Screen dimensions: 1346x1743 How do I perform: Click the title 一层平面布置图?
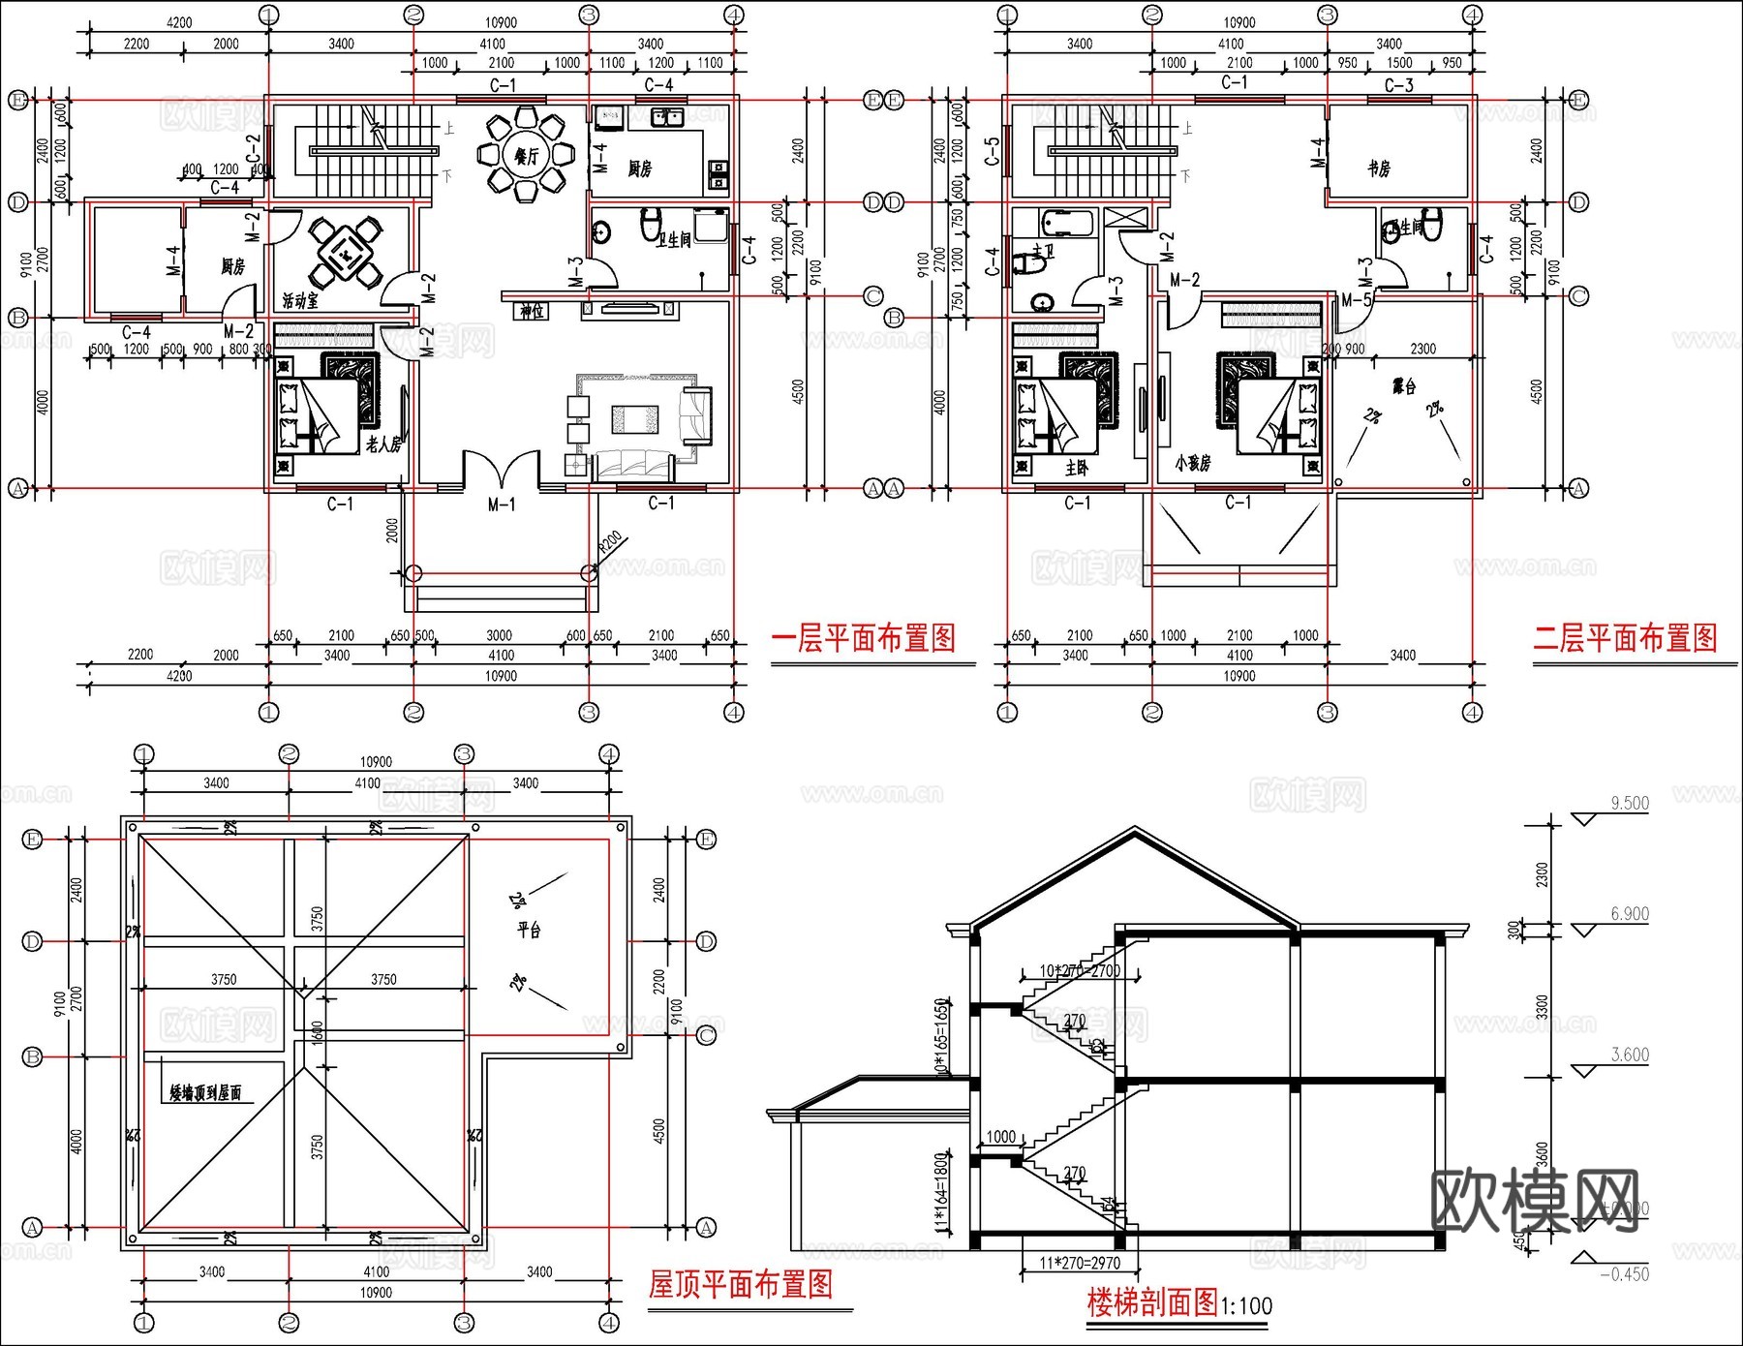(x=863, y=638)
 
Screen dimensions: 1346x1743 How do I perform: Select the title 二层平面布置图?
(x=1625, y=638)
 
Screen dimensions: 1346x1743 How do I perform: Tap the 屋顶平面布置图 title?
(x=741, y=1285)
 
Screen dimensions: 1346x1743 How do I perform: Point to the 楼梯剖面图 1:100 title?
(x=1178, y=1303)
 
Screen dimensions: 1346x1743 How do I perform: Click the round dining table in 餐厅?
(x=526, y=155)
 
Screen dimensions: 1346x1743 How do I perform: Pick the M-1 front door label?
(x=501, y=505)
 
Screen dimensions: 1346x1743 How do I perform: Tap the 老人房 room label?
(x=383, y=444)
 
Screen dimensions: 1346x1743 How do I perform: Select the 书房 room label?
(x=1379, y=168)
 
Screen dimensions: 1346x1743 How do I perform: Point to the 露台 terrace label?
(x=1404, y=386)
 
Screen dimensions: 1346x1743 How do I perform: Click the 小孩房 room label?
(x=1193, y=464)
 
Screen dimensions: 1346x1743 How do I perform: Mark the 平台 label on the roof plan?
(x=529, y=931)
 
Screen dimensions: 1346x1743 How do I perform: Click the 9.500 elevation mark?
(x=1629, y=804)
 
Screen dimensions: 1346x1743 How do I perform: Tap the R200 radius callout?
(x=609, y=543)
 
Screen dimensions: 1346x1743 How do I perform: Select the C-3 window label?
(x=1398, y=85)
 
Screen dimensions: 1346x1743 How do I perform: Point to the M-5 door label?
(x=1357, y=300)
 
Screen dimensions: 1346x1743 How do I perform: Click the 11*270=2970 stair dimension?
(x=1080, y=1264)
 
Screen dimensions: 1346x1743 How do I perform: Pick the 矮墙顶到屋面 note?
(x=205, y=1093)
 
